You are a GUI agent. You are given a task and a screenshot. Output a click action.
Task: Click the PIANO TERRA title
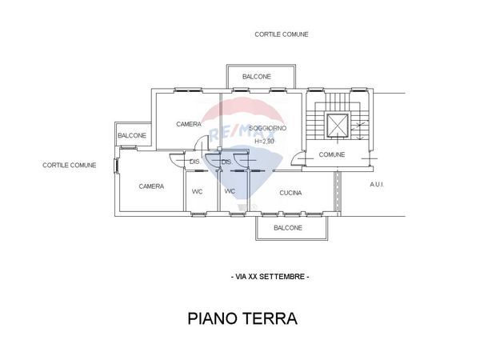242,318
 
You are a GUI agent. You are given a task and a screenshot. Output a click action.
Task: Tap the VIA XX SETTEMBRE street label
269,276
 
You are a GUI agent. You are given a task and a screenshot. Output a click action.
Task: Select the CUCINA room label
291,192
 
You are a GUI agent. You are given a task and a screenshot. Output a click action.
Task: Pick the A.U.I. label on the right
377,185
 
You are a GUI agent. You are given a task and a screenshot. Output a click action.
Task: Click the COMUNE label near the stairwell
332,154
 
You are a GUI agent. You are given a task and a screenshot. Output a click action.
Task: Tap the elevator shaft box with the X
338,125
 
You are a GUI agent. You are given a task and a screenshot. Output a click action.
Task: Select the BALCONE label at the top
257,77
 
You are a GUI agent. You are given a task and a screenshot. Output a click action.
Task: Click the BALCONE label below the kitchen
288,228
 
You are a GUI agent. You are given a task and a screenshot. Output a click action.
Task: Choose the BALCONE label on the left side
132,136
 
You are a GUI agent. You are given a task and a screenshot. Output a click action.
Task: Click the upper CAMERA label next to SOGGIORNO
189,124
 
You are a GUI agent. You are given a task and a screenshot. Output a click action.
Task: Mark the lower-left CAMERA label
151,186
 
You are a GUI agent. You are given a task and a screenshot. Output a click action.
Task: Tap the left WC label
197,191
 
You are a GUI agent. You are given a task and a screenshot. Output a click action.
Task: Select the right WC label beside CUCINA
230,191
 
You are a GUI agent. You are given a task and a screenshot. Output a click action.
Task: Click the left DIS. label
194,162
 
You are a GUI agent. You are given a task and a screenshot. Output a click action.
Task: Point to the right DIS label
226,162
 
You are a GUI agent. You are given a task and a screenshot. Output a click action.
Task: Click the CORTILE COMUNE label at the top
282,34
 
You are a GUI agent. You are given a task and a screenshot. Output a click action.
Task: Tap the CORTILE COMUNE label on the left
70,166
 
